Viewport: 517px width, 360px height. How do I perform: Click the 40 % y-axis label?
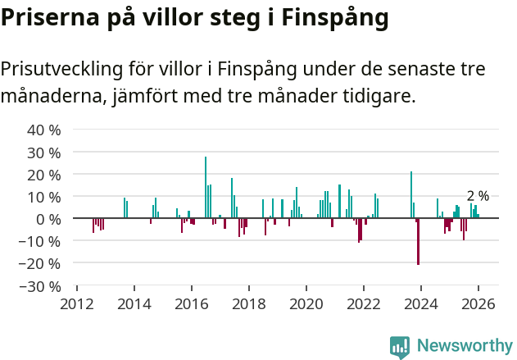click(x=44, y=130)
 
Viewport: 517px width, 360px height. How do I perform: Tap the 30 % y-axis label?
click(x=44, y=153)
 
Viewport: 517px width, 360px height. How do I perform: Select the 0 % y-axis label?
click(x=49, y=219)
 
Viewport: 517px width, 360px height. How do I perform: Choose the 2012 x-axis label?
click(x=77, y=303)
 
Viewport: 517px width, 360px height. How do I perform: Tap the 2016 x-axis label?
click(x=192, y=303)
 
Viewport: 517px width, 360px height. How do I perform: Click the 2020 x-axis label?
click(x=306, y=303)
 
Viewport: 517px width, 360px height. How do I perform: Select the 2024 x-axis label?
click(x=421, y=303)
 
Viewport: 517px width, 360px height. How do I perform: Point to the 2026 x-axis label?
click(x=478, y=303)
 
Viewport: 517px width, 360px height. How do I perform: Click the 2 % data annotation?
click(x=478, y=196)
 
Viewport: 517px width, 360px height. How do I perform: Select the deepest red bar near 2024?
click(x=418, y=242)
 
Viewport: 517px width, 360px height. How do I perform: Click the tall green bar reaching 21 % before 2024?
click(x=411, y=194)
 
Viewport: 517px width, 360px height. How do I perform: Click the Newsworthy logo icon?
click(x=400, y=347)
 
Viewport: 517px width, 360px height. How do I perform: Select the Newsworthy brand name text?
click(x=464, y=346)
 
